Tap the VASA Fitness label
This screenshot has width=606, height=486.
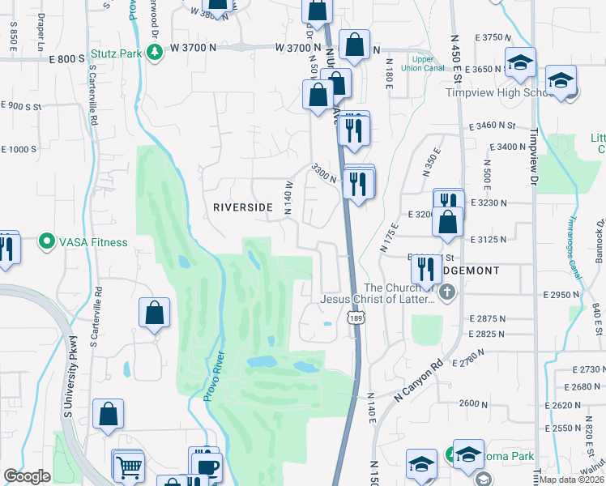pyautogui.click(x=92, y=241)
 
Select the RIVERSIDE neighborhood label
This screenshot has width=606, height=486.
pyautogui.click(x=242, y=207)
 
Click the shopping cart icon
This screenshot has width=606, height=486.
pyautogui.click(x=130, y=467)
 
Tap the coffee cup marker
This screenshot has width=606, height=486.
pyautogui.click(x=209, y=468)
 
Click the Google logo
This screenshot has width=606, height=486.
pyautogui.click(x=27, y=476)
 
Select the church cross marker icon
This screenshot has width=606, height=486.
pyautogui.click(x=446, y=290)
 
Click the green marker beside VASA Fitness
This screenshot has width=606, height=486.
pyautogui.click(x=47, y=241)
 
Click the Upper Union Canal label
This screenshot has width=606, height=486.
pyautogui.click(x=423, y=63)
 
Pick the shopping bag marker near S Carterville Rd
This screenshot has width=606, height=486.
pyautogui.click(x=154, y=312)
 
